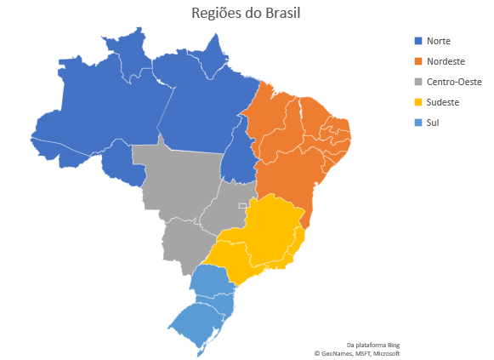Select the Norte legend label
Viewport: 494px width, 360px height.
click(x=439, y=41)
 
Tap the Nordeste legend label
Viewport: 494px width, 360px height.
click(x=446, y=61)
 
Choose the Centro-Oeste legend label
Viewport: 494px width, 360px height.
click(x=454, y=82)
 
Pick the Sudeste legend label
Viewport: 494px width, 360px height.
click(x=443, y=102)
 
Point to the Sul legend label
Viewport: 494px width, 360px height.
click(x=432, y=123)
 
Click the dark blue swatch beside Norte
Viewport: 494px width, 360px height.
click(x=417, y=41)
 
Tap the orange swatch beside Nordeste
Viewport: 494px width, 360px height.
click(x=417, y=61)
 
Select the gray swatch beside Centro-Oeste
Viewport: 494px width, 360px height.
click(x=417, y=82)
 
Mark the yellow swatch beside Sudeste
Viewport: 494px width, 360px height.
click(x=417, y=102)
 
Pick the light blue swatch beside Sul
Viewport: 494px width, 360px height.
click(x=417, y=123)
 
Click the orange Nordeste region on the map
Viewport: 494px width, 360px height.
click(x=293, y=153)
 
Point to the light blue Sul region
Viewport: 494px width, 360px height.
click(x=204, y=306)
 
